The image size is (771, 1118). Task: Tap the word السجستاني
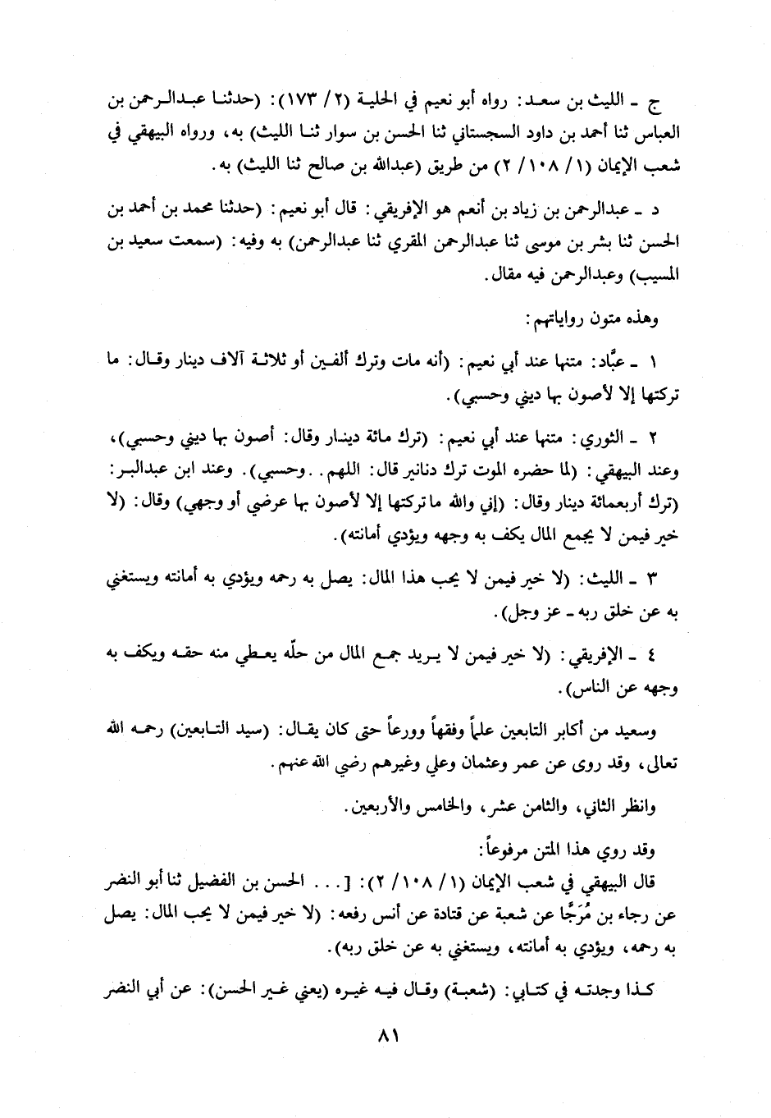pos(464,131)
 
